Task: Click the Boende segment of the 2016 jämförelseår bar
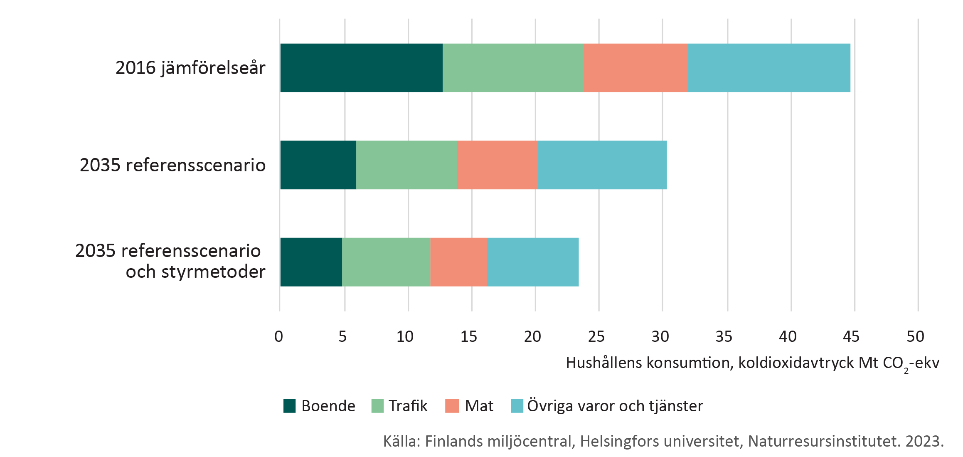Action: click(361, 68)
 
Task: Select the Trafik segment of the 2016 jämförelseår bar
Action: click(513, 68)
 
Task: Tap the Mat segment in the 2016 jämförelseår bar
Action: click(635, 68)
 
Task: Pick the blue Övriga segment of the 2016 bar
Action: click(769, 68)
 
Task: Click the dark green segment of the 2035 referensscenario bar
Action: click(318, 165)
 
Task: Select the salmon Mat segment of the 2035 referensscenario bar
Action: click(497, 165)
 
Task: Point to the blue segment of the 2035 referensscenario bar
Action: click(602, 165)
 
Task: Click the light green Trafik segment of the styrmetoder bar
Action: click(386, 262)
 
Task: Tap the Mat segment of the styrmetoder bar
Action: click(458, 262)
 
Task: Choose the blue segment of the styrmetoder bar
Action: click(532, 262)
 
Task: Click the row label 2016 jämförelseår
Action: click(190, 68)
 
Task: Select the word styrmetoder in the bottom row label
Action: click(213, 272)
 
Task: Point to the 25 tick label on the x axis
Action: click(596, 336)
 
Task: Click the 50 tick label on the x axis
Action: click(915, 336)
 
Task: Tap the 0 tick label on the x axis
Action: click(278, 336)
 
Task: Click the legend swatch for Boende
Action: click(289, 406)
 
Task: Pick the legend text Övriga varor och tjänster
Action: click(615, 406)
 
